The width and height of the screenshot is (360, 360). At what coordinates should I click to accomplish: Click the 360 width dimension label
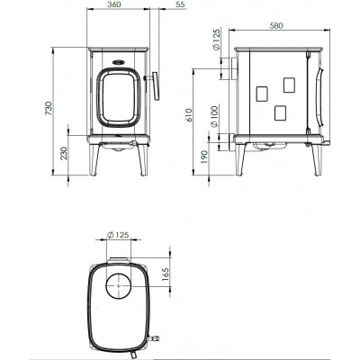coord(113,4)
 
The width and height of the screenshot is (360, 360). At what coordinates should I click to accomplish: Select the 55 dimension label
coord(181,4)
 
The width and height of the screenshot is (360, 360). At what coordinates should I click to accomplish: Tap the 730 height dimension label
coord(49,109)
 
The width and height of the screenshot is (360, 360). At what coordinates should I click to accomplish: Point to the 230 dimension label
coord(64,153)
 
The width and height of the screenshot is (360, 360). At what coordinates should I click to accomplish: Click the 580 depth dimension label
coord(276,26)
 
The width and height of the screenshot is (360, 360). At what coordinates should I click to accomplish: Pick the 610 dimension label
coord(188,114)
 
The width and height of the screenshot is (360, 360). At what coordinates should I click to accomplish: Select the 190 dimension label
coord(204,157)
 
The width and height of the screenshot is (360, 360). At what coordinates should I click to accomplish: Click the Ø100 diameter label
coord(214,116)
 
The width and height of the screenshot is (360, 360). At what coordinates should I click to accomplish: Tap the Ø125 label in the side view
coord(216,39)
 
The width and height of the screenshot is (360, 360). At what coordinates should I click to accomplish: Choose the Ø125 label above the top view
coord(118,235)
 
